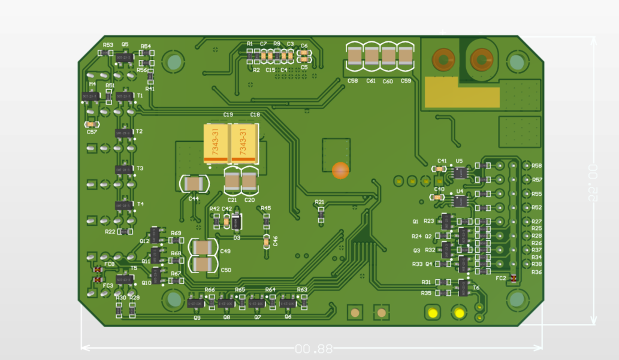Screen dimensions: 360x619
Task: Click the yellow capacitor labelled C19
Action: click(x=216, y=143)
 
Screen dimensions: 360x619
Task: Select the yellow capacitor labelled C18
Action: click(x=244, y=143)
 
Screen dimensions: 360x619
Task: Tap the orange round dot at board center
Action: click(x=340, y=171)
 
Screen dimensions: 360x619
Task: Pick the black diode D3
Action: click(x=237, y=222)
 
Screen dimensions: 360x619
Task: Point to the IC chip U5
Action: click(x=460, y=173)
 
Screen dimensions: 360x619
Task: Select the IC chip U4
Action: click(x=460, y=201)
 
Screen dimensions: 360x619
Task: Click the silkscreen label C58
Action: click(x=353, y=81)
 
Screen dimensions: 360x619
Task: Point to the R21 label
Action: click(x=319, y=202)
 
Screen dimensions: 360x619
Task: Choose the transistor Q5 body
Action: click(x=125, y=58)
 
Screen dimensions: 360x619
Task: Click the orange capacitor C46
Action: click(x=267, y=243)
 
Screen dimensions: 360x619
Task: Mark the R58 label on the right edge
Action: click(x=537, y=166)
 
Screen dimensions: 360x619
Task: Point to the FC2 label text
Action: click(x=501, y=278)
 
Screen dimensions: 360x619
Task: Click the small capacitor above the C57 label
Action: click(x=90, y=124)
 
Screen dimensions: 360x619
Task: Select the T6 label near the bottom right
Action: click(x=476, y=288)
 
